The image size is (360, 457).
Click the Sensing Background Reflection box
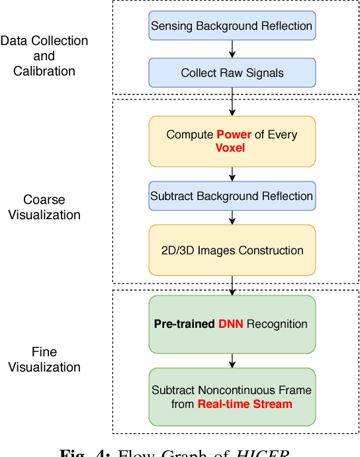point(232,26)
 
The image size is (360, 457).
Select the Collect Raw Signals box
point(232,74)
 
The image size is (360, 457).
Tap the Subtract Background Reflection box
point(232,196)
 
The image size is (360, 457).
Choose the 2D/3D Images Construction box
point(232,250)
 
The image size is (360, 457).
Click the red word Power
point(234,134)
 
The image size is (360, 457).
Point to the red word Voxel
point(230,147)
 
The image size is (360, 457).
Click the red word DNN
point(232,324)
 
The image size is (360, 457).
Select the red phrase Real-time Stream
point(245,403)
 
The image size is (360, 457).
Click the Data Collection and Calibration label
point(44,56)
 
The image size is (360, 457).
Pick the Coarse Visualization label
point(44,207)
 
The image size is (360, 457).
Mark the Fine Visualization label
point(44,359)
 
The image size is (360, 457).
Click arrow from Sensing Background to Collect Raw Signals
point(232,50)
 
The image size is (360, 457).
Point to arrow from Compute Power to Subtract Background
point(232,174)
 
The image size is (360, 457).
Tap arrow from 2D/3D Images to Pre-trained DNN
point(232,285)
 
